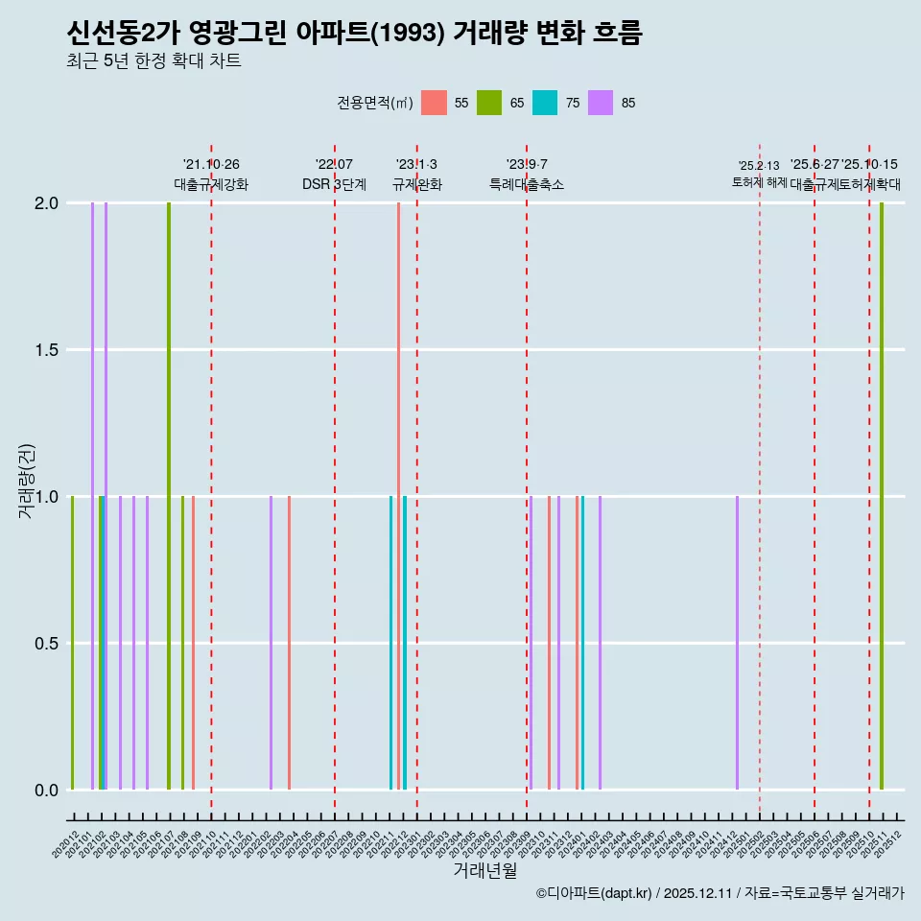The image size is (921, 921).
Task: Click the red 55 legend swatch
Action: click(x=435, y=103)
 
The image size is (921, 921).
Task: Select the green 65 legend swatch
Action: click(x=489, y=103)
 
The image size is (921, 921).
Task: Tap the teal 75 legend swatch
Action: click(x=545, y=103)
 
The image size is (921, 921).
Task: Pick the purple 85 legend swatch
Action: click(x=601, y=103)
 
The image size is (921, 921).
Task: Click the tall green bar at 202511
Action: click(x=882, y=496)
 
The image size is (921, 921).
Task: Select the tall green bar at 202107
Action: click(x=169, y=496)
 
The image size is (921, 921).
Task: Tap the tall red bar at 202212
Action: click(x=398, y=496)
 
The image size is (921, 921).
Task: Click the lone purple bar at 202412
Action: click(x=737, y=643)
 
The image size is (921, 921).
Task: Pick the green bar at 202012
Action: click(x=72, y=643)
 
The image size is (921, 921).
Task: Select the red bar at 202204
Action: click(x=289, y=643)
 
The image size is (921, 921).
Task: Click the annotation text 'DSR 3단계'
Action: click(x=334, y=184)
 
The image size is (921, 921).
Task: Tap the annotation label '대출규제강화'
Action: click(x=211, y=184)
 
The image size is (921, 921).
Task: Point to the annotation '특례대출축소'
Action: click(x=527, y=184)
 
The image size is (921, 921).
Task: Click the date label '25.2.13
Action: click(x=759, y=166)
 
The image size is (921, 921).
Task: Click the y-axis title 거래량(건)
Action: click(x=26, y=481)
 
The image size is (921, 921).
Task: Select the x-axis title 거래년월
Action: click(x=484, y=870)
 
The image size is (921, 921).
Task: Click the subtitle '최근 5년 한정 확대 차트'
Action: click(x=153, y=61)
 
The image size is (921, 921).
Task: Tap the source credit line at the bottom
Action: click(x=720, y=893)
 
